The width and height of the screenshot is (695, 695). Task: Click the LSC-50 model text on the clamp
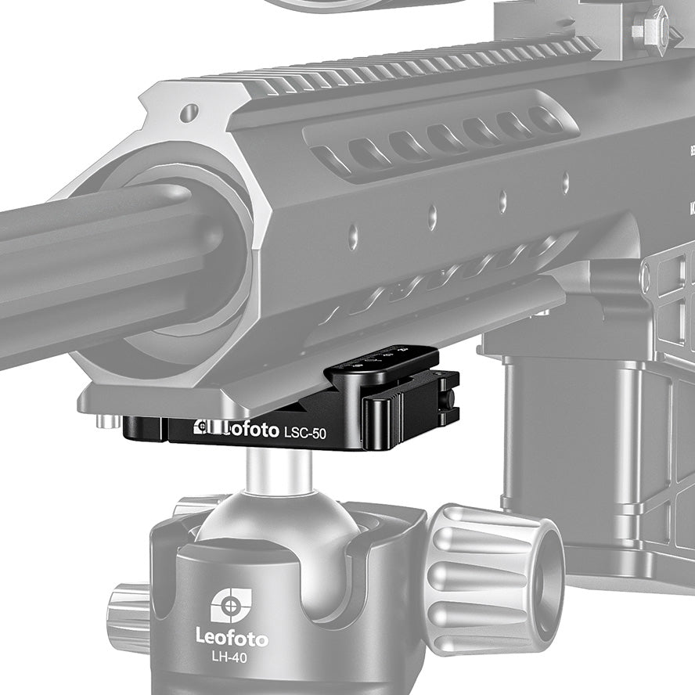305,433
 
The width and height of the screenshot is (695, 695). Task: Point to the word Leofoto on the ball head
231,639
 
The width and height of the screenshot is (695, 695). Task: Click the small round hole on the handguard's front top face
189,114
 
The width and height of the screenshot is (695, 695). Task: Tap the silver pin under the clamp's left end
109,423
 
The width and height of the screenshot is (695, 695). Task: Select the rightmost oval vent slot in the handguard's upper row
546,120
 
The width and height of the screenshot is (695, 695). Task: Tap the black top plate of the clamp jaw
382,362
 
